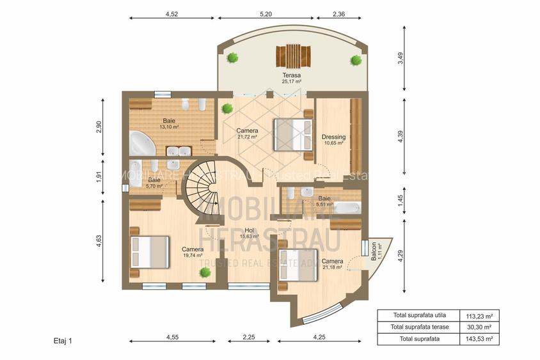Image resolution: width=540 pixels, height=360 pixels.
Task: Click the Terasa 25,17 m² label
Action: pyautogui.click(x=292, y=78)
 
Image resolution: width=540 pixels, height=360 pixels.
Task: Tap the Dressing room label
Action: pyautogui.click(x=333, y=139)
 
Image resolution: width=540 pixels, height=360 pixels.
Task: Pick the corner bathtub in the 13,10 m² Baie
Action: pyautogui.click(x=141, y=143)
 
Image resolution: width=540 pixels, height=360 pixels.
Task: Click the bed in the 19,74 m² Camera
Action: pyautogui.click(x=150, y=251)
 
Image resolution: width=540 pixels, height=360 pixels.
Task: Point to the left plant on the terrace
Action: pyautogui.click(x=233, y=58)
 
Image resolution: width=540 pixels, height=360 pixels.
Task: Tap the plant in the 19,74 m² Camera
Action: pyautogui.click(x=205, y=272)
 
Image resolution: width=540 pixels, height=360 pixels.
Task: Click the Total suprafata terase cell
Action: pyautogui.click(x=417, y=327)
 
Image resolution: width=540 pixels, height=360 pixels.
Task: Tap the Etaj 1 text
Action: pyautogui.click(x=63, y=341)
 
